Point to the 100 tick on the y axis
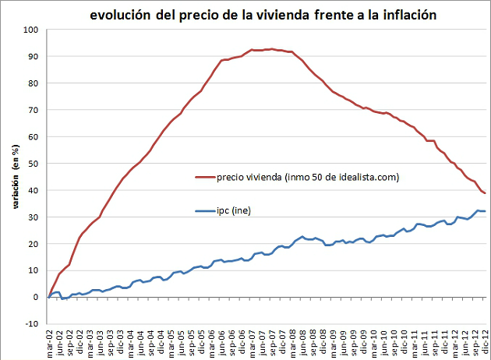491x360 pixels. click(x=31, y=30)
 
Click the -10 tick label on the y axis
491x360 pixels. click(x=32, y=323)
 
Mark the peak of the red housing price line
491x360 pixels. click(x=267, y=49)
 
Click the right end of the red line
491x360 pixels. click(x=485, y=193)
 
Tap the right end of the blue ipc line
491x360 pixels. click(x=485, y=211)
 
